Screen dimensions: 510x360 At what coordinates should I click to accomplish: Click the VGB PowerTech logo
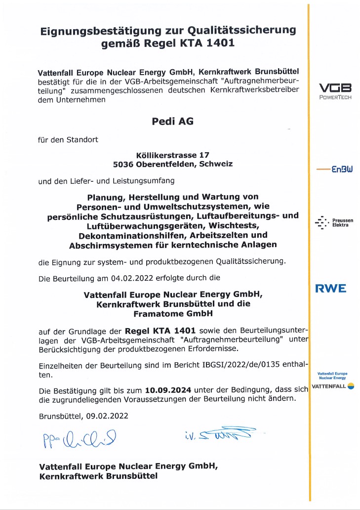coord(335,91)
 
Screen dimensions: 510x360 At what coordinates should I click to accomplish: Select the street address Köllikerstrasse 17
coord(161,154)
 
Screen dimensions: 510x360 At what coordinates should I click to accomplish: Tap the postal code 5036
coord(122,163)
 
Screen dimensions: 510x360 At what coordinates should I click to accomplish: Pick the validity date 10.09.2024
coord(168,390)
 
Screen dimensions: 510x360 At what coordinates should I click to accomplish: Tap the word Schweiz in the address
coord(215,163)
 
